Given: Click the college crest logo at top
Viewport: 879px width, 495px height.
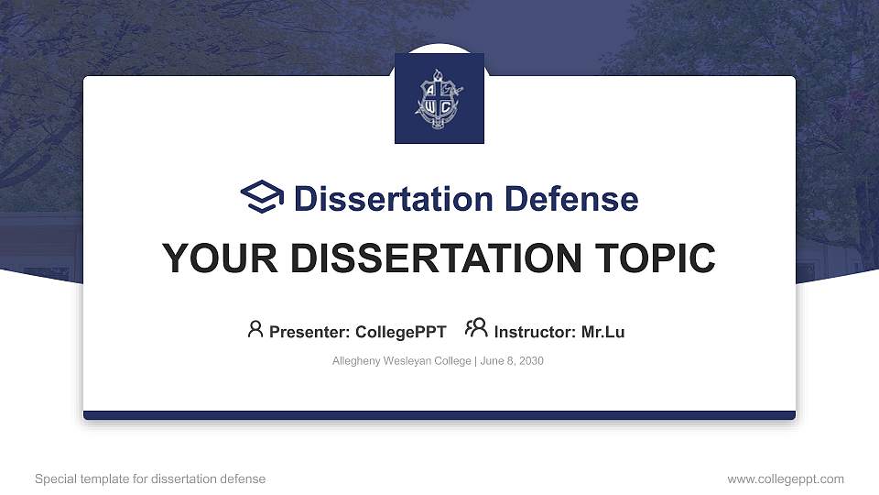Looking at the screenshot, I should (439, 99).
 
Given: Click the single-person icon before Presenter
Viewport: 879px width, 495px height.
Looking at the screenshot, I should (255, 329).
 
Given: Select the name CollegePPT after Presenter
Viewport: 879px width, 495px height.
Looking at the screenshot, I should (400, 332).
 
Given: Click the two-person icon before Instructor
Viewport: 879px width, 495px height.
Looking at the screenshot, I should (476, 329).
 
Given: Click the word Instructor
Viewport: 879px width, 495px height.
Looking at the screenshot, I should (534, 332).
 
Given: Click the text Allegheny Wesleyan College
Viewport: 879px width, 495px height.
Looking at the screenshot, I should (401, 361).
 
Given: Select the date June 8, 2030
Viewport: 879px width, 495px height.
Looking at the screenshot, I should (511, 361).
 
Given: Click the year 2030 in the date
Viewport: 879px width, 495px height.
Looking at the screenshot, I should (530, 361).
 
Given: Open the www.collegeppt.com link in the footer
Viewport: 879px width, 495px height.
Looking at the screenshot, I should (785, 478).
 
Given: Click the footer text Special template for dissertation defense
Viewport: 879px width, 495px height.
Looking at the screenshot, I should (150, 478).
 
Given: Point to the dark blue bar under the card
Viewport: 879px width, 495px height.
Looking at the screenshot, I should (439, 415).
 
